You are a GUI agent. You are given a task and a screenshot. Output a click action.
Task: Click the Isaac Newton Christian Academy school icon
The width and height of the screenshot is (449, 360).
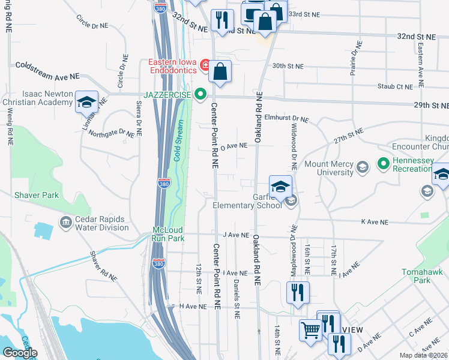coord(86,101)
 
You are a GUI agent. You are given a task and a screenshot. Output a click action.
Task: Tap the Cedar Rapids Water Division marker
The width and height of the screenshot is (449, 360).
coord(65,223)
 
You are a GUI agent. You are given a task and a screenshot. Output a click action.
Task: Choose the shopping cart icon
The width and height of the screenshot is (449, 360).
coord(310,330)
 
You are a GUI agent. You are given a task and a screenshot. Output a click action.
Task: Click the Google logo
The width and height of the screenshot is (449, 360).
coord(20,353)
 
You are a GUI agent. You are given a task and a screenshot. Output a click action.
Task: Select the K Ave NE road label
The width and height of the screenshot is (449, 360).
coord(376,222)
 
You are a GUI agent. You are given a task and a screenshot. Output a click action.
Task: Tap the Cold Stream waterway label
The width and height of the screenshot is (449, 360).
coord(177,141)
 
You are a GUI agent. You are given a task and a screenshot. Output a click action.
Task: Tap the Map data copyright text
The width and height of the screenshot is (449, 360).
coord(423,355)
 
